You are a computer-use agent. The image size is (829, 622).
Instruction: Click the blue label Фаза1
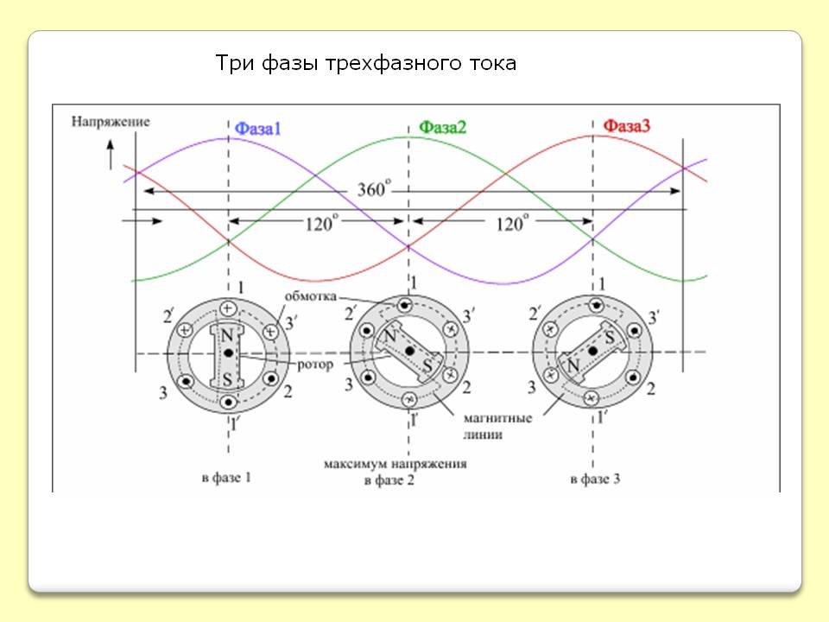[x=257, y=129]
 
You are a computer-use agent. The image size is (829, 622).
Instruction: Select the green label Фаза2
[x=442, y=127]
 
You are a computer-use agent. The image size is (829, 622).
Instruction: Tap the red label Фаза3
[x=627, y=126]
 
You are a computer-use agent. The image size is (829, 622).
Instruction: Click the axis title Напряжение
[x=111, y=122]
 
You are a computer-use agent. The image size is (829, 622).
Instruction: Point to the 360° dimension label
[x=374, y=188]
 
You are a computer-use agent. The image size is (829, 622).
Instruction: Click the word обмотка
[x=310, y=296]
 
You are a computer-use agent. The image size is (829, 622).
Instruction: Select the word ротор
[x=315, y=365]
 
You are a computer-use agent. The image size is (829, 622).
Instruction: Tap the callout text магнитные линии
[x=497, y=426]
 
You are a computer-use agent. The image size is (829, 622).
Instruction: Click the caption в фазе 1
[x=226, y=478]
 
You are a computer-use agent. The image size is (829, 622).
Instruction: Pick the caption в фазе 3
[x=595, y=479]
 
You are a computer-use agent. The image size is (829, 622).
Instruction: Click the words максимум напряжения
[x=395, y=465]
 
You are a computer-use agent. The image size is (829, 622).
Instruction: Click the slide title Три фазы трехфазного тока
[x=365, y=63]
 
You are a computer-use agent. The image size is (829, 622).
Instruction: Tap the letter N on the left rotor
[x=227, y=335]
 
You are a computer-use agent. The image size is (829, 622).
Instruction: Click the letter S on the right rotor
[x=610, y=337]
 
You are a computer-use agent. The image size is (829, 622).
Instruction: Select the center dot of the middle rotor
[x=409, y=351]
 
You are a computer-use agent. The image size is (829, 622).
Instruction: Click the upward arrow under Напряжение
[x=111, y=155]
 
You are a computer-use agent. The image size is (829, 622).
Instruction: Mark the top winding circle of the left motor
[x=228, y=308]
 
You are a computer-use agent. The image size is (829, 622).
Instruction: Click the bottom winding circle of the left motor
[x=228, y=403]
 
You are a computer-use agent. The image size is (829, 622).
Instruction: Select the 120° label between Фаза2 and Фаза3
[x=511, y=223]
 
